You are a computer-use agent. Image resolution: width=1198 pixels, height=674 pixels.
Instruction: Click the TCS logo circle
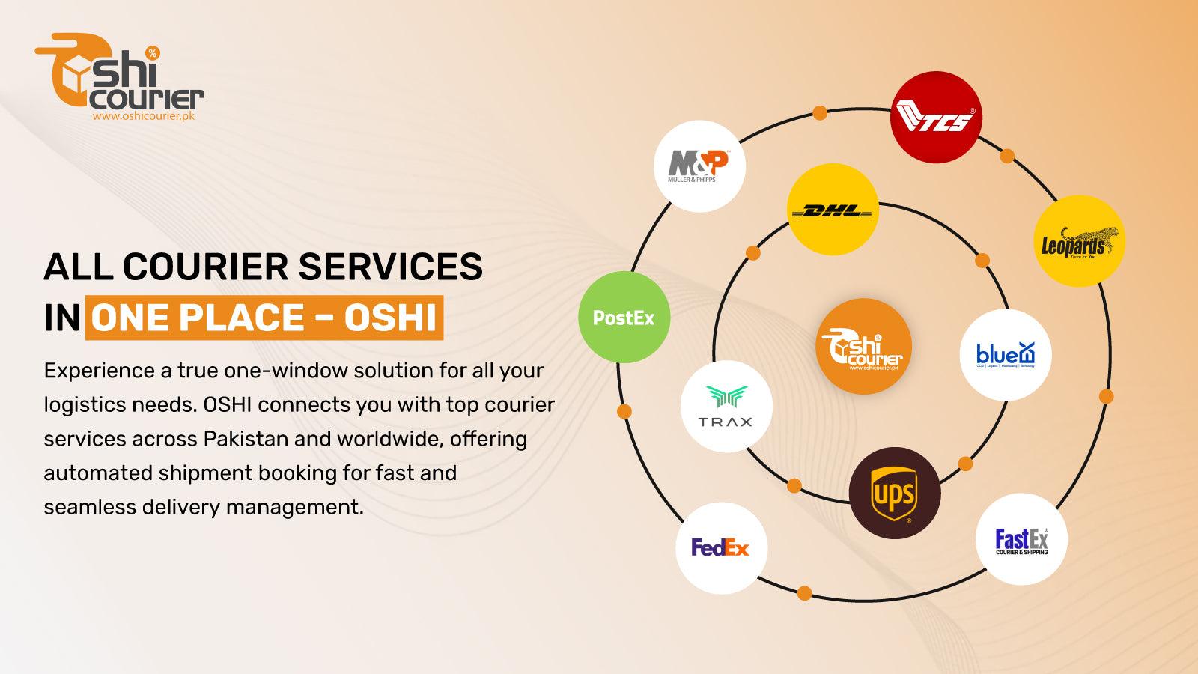tap(935, 118)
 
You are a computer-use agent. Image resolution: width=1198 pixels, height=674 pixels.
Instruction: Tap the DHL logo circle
tap(833, 210)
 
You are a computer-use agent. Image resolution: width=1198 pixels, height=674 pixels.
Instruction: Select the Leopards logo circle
tap(1079, 241)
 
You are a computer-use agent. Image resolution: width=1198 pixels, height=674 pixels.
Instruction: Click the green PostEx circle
tap(624, 318)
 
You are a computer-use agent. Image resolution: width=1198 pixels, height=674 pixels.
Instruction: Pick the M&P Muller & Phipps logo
tap(699, 166)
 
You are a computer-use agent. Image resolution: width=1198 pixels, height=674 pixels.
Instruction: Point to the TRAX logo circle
tap(726, 407)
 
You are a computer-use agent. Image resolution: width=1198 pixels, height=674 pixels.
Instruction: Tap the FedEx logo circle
tap(721, 547)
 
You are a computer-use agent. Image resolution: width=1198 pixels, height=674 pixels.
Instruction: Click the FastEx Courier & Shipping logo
tap(1021, 540)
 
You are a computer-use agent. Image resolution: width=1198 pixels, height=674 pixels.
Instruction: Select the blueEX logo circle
tap(1006, 355)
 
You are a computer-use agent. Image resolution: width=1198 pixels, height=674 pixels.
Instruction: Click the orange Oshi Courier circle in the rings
tap(863, 345)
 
